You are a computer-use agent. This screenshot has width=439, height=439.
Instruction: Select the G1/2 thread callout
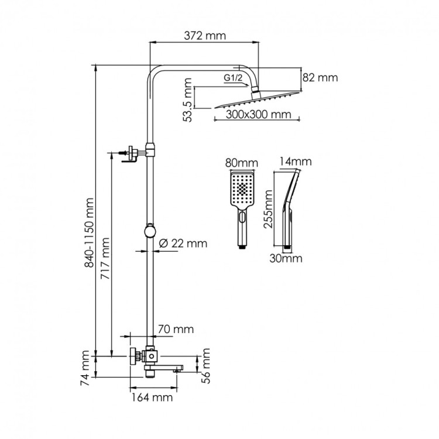[x=232, y=78]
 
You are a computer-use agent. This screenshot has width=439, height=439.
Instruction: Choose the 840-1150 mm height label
[x=90, y=232]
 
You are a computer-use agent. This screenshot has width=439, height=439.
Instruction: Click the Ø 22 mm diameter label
[x=182, y=242]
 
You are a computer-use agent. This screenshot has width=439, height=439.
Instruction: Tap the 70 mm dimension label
[x=176, y=329]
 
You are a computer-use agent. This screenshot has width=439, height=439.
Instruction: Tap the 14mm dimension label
[x=296, y=162]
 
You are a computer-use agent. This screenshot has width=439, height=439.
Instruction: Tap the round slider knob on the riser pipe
[x=151, y=230]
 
